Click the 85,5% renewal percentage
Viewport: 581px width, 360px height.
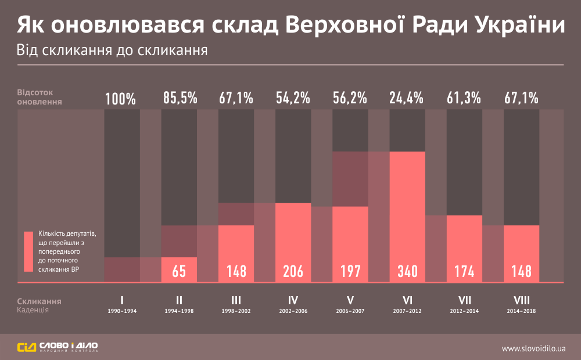tap(179, 98)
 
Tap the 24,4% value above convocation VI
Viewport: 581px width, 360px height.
tap(407, 98)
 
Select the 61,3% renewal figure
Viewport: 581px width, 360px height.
tap(464, 98)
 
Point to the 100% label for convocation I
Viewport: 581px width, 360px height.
tap(121, 99)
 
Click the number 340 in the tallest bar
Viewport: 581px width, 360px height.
tap(407, 271)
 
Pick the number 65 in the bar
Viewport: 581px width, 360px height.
tap(179, 271)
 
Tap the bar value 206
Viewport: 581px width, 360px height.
tap(293, 271)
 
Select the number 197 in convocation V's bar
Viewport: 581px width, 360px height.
tap(350, 271)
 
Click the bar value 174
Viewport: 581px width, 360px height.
tap(464, 271)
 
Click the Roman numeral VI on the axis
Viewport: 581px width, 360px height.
tap(407, 301)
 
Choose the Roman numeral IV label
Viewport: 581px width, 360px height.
tap(293, 301)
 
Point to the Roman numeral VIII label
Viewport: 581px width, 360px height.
tap(521, 301)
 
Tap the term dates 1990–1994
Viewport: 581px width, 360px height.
tap(122, 311)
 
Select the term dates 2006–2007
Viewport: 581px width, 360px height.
tap(350, 311)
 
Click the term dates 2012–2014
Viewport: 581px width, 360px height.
tap(464, 311)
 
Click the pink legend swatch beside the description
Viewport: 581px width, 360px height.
tap(28, 251)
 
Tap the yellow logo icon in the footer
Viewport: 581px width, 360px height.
tap(26, 348)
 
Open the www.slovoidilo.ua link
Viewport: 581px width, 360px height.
tap(533, 348)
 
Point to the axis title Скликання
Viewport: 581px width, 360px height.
tap(39, 301)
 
